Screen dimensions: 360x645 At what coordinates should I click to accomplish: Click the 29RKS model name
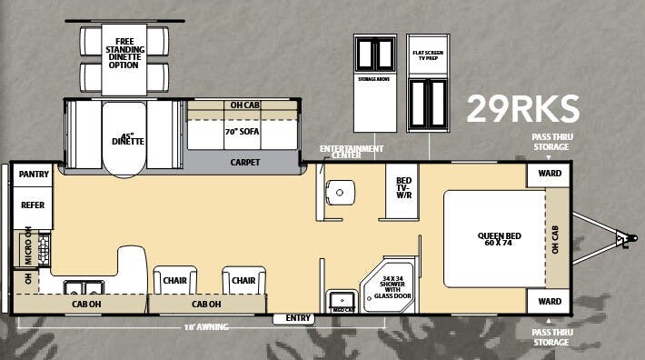[522, 109]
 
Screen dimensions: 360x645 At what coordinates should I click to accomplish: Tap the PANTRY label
[34, 174]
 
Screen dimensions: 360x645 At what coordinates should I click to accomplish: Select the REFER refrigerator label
[33, 205]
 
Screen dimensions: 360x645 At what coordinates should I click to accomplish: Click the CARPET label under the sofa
[244, 163]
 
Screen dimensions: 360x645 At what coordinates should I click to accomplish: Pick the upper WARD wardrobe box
[549, 174]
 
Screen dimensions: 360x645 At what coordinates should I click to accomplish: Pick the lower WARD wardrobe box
[549, 300]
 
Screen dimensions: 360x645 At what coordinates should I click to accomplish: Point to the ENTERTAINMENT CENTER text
[352, 152]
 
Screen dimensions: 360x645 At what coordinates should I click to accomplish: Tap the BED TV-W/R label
[403, 186]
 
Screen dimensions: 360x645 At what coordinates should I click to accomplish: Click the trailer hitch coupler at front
[622, 240]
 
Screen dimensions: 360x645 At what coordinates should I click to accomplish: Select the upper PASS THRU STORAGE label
[551, 142]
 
